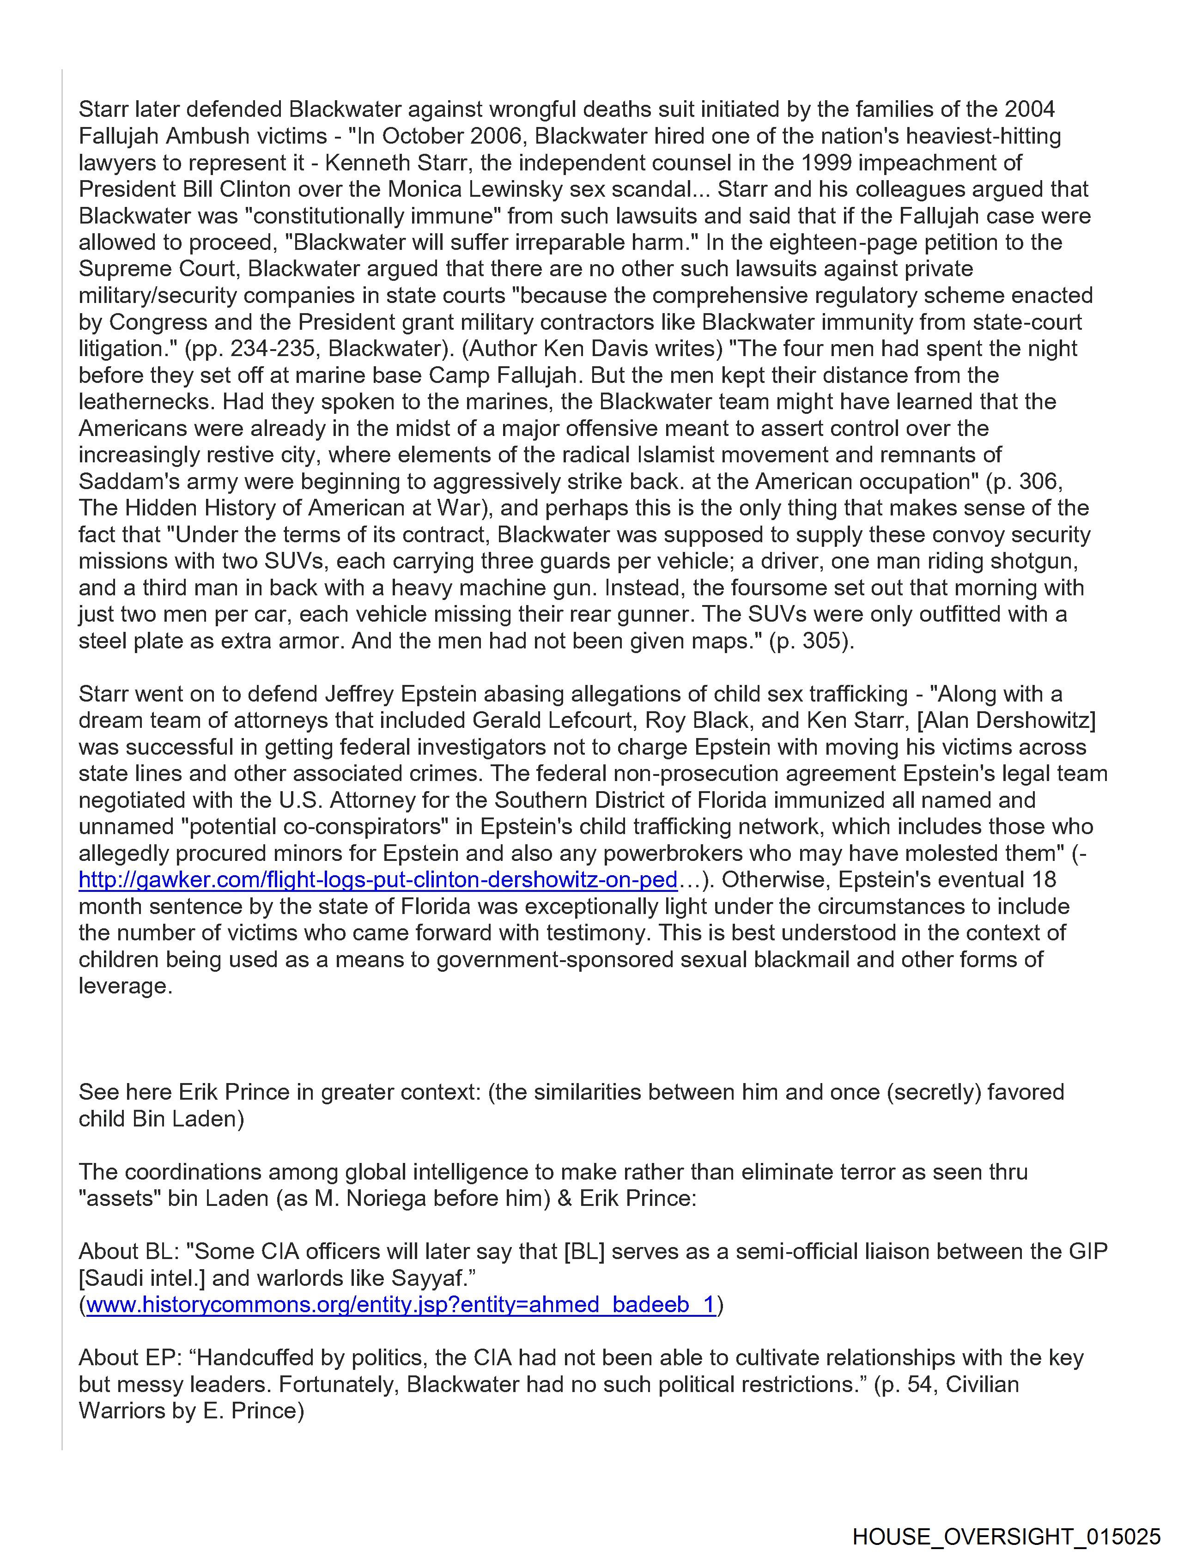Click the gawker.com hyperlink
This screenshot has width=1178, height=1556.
pos(378,879)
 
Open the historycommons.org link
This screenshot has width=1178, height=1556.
pos(401,1304)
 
